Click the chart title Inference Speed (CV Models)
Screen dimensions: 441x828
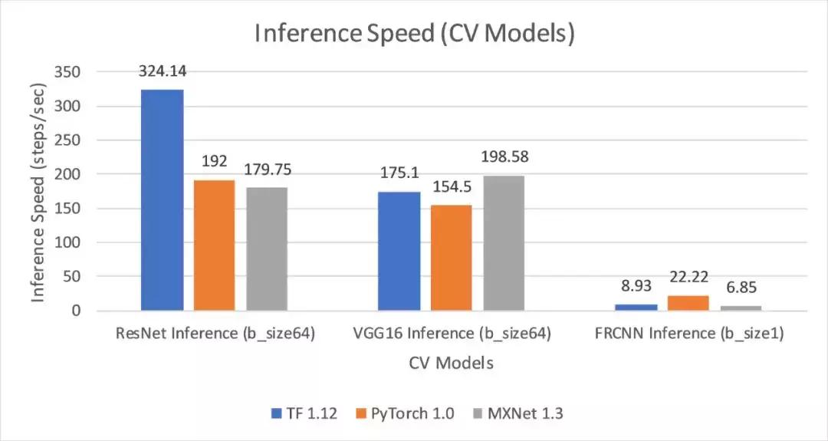[414, 35]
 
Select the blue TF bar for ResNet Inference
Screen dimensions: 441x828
[162, 200]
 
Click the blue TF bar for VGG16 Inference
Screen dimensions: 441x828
[399, 251]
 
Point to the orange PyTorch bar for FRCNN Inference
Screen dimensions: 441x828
[688, 303]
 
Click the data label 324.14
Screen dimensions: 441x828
[162, 71]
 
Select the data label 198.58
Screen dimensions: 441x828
[504, 157]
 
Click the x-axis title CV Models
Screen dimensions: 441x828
[450, 363]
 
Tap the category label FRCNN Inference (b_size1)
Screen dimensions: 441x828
[688, 334]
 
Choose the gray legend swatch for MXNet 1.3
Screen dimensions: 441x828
[477, 413]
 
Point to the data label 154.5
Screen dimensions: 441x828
[452, 187]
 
